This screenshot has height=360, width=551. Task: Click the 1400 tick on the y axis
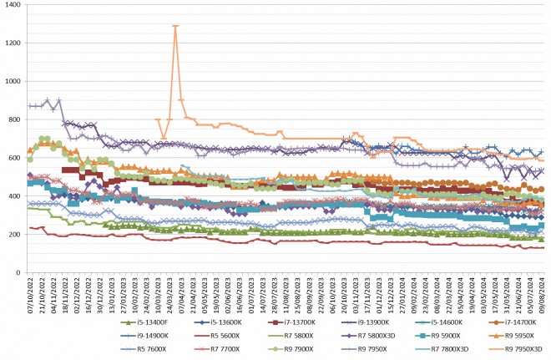[13, 5]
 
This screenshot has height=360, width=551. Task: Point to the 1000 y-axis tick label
[13, 81]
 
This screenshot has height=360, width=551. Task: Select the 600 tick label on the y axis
[16, 158]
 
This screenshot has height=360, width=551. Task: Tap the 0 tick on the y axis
[19, 273]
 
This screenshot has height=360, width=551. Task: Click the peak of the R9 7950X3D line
[175, 26]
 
